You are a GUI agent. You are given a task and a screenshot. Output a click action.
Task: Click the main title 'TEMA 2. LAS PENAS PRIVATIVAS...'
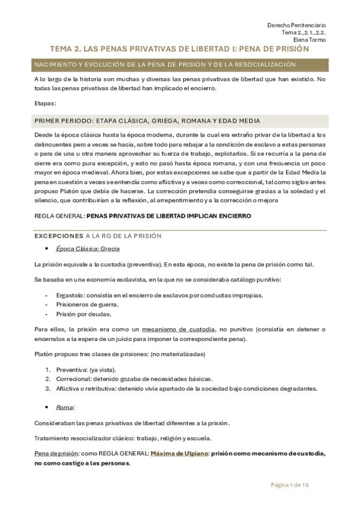179,49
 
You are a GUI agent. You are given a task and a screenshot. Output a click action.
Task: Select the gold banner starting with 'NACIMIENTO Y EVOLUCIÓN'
179,64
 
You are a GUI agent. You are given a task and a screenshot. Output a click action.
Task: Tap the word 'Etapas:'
46,103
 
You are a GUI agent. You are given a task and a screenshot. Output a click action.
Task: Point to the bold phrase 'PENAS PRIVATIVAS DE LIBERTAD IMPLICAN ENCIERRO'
168,215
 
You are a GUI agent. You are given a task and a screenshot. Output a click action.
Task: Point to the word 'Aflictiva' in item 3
67,389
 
